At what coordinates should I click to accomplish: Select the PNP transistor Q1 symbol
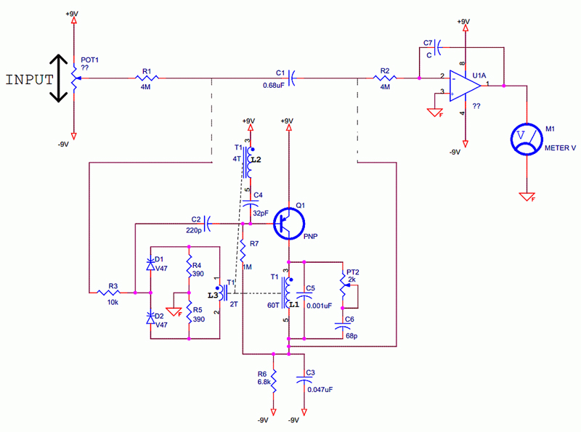click(289, 224)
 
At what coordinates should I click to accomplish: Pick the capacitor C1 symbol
click(290, 78)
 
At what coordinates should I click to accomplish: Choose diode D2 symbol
click(151, 317)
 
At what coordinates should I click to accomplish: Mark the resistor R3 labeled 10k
click(113, 292)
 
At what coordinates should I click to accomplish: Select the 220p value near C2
click(194, 230)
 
